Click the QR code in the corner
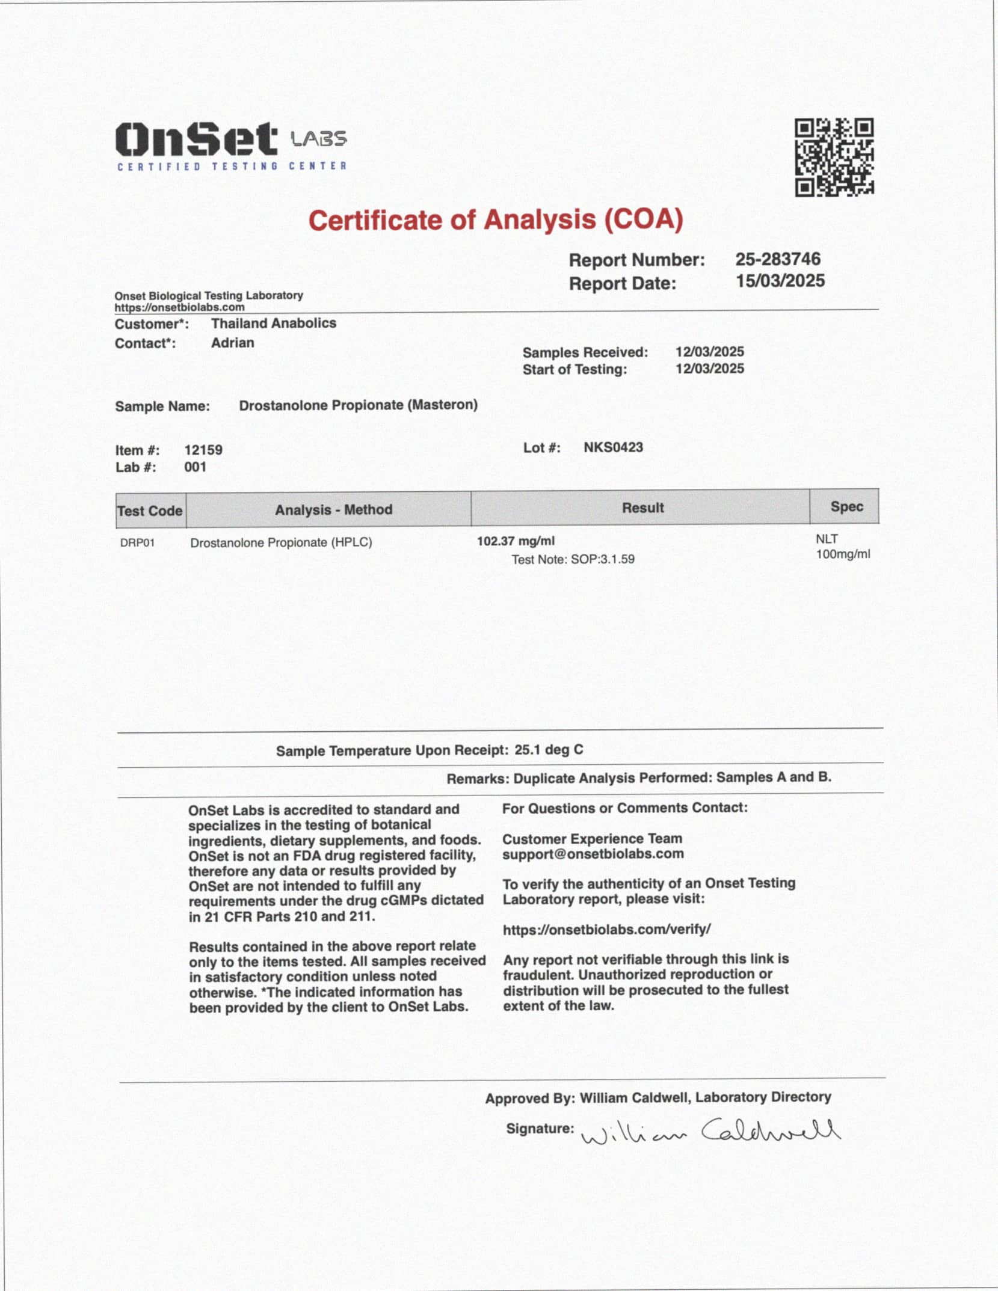834,157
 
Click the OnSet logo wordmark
196,139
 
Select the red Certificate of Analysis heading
496,220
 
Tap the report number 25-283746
777,259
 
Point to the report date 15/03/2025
780,281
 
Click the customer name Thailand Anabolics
273,324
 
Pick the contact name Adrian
232,343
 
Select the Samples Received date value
709,352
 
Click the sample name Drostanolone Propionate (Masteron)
358,405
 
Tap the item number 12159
203,450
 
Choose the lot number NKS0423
613,447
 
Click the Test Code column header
150,511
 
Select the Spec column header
846,506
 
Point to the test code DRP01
137,543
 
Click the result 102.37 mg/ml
516,541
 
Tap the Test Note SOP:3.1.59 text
573,559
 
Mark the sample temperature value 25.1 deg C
549,750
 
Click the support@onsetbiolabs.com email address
593,854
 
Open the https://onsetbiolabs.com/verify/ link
606,929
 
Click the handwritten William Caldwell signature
710,1133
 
